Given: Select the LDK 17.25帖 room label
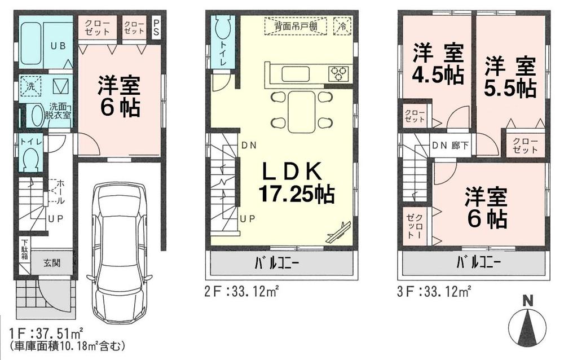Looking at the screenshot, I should point(297,182).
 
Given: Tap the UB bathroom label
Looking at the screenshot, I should point(58,47).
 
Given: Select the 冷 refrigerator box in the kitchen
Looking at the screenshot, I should point(342,25).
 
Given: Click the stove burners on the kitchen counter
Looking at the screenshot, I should point(339,73).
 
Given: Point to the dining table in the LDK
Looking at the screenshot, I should point(301,111).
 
